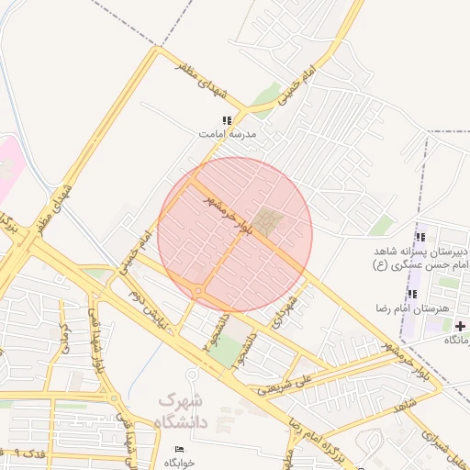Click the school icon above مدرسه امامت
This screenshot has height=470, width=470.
pos(227,120)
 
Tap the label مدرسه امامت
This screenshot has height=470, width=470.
pos(229,134)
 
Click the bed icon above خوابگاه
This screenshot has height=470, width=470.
pos(179,449)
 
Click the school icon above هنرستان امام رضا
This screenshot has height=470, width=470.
pos(412,294)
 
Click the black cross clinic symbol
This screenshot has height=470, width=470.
pos(460,326)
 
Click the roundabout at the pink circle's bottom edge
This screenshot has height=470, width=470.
pos(198,292)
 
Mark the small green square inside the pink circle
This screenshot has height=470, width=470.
pos(269,220)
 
